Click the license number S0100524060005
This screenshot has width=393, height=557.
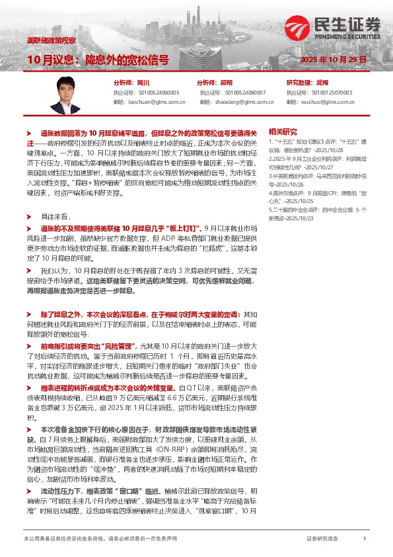[x=157, y=93]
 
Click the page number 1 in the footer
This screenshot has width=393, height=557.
[x=365, y=540]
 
